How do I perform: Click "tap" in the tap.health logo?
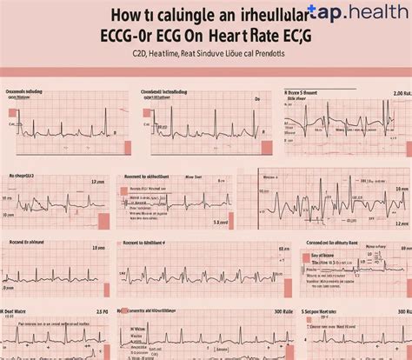click(x=330, y=13)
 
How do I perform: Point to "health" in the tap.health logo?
click(x=376, y=13)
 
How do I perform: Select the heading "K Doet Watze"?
click(x=19, y=311)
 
